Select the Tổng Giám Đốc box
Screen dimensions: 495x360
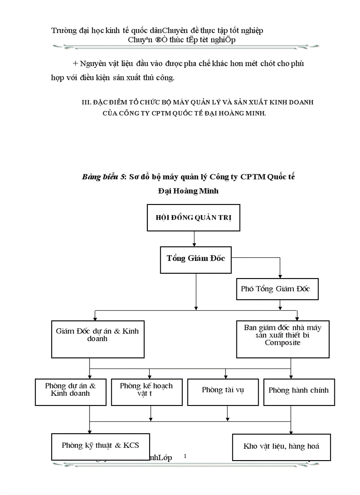pyautogui.click(x=196, y=258)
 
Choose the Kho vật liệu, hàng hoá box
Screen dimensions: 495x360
pyautogui.click(x=281, y=447)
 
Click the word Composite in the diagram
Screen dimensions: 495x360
pyautogui.click(x=282, y=342)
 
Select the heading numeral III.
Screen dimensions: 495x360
pyautogui.click(x=86, y=102)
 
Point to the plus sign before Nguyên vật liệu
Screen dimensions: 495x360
pyautogui.click(x=75, y=63)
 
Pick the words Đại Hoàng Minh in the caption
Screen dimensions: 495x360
pyautogui.click(x=188, y=191)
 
